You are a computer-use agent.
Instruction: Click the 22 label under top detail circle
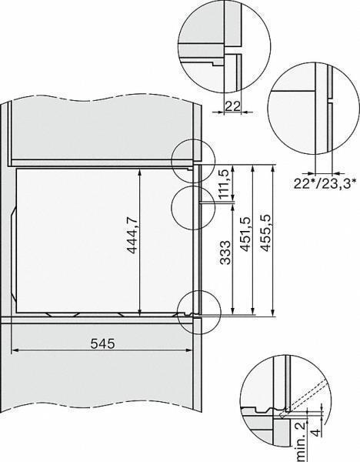coord(233,109)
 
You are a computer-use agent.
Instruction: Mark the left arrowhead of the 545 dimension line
coord(15,352)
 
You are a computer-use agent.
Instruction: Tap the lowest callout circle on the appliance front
coord(199,312)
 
